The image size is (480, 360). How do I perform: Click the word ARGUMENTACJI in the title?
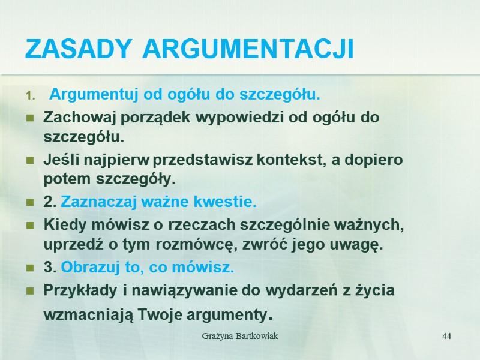[248, 49]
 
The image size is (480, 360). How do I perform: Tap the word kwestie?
[230, 203]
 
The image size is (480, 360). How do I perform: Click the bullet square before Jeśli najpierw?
[29, 161]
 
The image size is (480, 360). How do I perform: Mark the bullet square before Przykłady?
[29, 290]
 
